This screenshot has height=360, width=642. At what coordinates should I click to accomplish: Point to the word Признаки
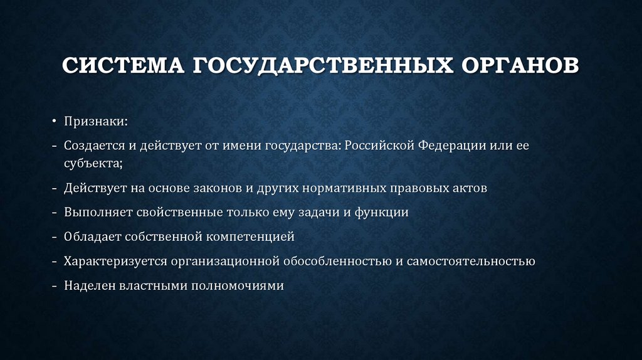click(x=95, y=121)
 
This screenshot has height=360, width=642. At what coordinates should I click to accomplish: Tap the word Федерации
click(x=449, y=146)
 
